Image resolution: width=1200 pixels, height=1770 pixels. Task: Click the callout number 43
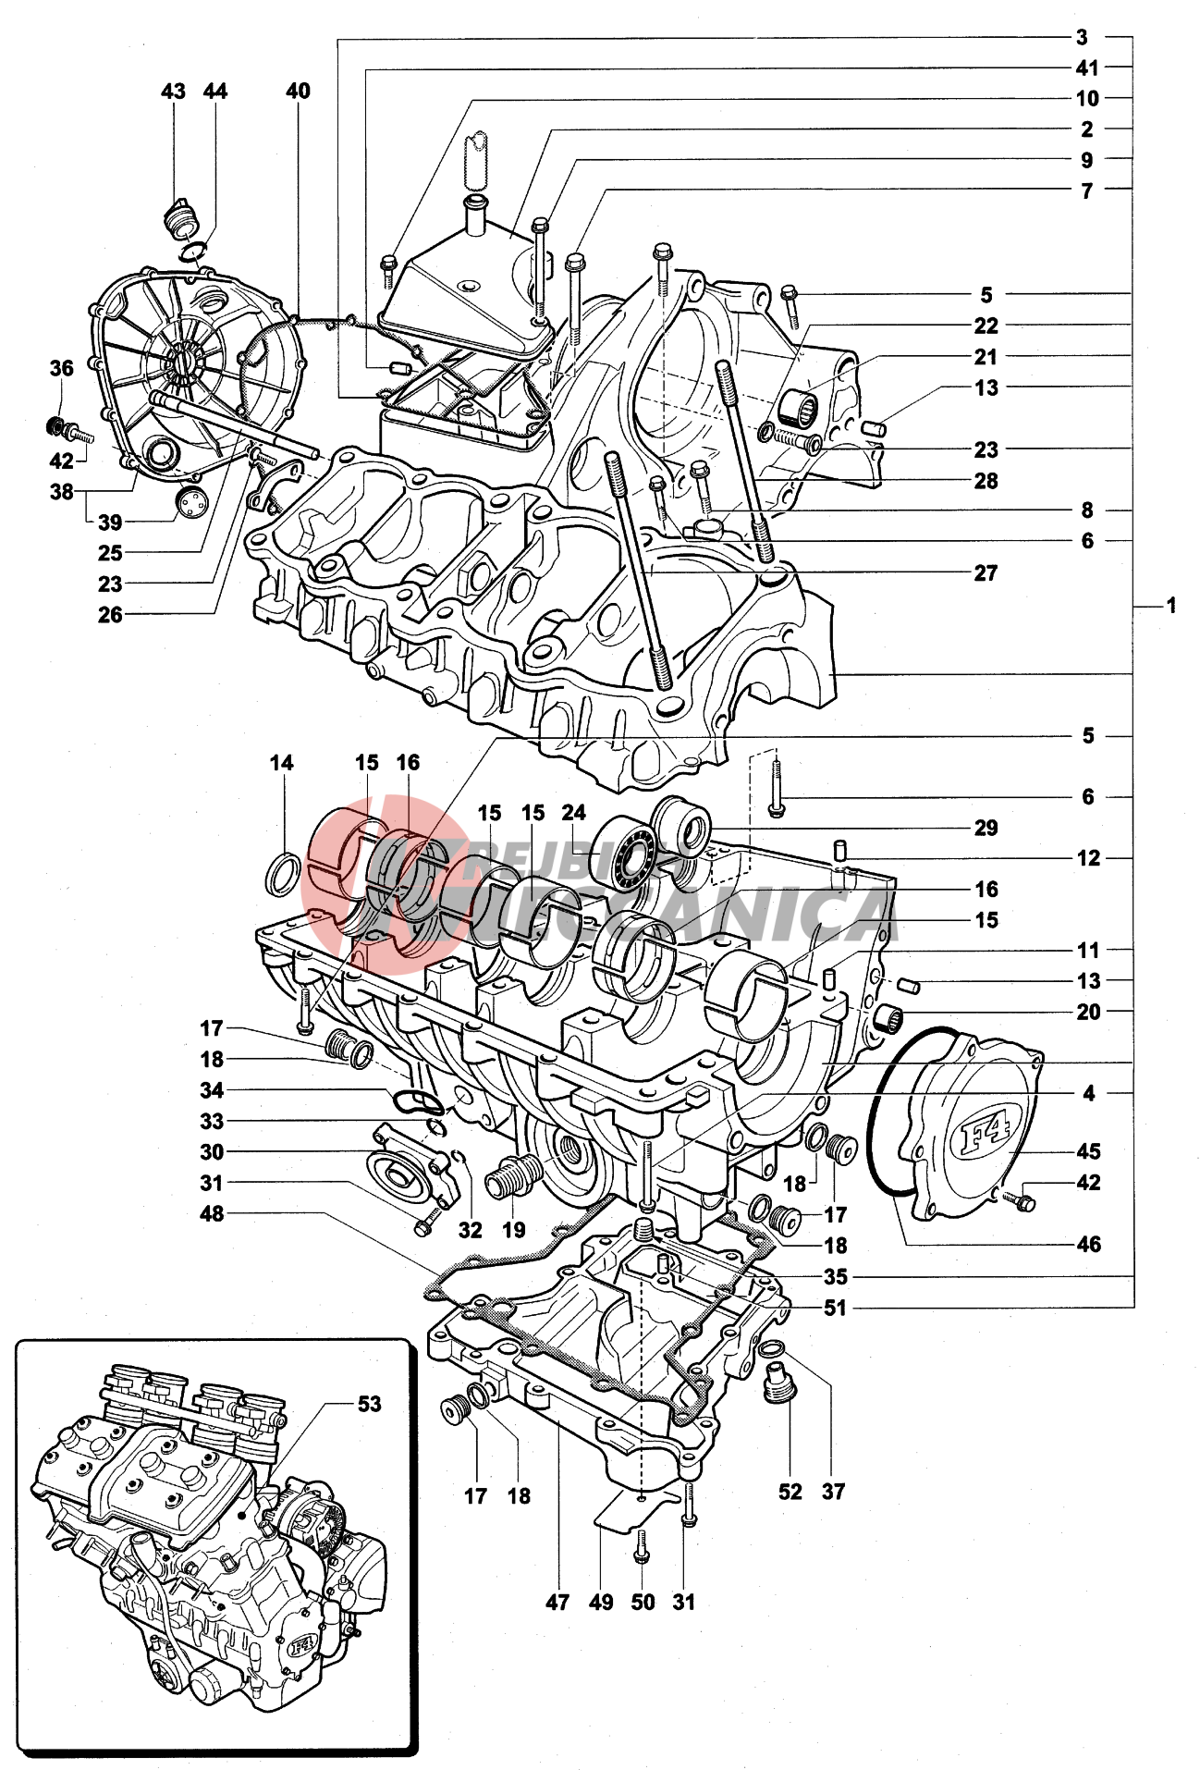173,92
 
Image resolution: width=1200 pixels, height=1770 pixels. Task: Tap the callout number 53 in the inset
369,1404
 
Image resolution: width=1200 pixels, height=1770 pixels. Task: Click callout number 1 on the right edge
1170,606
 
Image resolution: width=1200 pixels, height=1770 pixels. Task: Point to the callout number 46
1088,1244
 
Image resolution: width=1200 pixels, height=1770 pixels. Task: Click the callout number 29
986,828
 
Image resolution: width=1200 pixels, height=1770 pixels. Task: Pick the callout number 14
281,763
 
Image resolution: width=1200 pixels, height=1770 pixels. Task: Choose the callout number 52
790,1491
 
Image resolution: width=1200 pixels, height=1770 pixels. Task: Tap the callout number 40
298,92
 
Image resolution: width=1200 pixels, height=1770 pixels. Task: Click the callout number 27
986,573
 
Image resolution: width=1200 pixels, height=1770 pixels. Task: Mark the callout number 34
212,1090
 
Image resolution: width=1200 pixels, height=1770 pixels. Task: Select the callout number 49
601,1602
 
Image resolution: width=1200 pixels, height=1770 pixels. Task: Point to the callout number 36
61,369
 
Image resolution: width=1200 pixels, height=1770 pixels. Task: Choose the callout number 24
573,813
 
